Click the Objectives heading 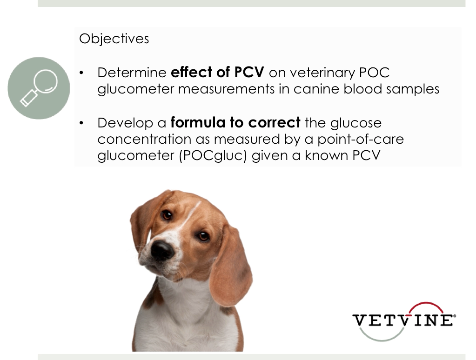(x=114, y=39)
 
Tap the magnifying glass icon (x=39, y=88)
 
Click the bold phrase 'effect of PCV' (x=217, y=72)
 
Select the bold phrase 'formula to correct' (x=235, y=123)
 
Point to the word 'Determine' (x=132, y=73)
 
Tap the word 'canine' (x=316, y=89)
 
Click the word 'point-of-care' (x=361, y=140)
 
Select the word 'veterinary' (x=322, y=73)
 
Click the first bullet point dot (x=81, y=73)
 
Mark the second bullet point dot (x=81, y=123)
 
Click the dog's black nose (x=162, y=249)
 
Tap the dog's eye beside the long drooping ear (x=202, y=236)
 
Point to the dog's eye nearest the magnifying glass (x=167, y=215)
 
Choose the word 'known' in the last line (x=326, y=155)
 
